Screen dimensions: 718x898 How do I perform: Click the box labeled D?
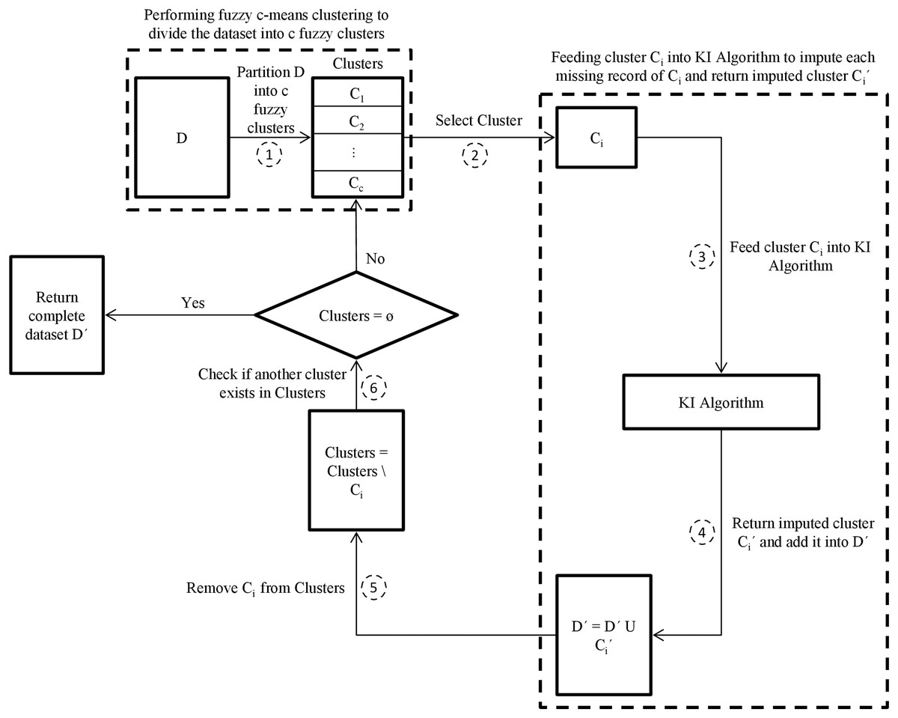click(182, 139)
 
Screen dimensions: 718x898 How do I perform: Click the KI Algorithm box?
click(716, 403)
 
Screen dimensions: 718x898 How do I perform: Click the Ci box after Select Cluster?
click(596, 138)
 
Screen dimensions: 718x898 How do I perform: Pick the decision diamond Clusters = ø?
click(355, 314)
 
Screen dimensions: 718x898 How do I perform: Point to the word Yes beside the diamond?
click(194, 304)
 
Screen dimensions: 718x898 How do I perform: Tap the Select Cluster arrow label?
click(480, 119)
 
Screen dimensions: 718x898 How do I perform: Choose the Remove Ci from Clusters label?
click(265, 588)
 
